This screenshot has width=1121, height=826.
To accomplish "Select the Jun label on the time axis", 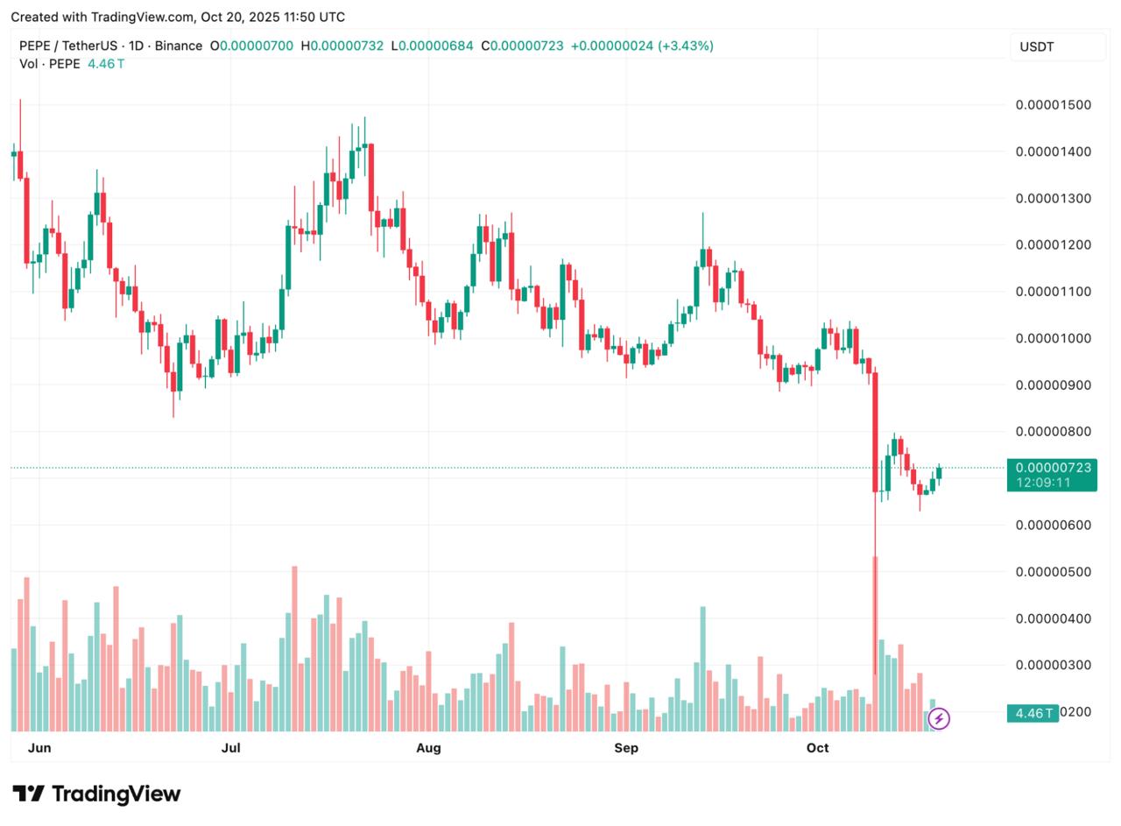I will [x=39, y=748].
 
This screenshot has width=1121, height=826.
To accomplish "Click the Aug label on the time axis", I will [x=428, y=748].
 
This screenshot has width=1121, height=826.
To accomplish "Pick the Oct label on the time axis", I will [x=817, y=748].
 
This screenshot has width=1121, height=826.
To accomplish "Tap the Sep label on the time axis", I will [x=626, y=748].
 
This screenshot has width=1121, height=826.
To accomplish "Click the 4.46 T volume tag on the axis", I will [x=1032, y=713].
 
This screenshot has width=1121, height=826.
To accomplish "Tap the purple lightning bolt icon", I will [x=939, y=719].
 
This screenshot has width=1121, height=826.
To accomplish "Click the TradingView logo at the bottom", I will [x=96, y=794].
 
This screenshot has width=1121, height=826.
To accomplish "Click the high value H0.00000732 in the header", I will [x=342, y=46].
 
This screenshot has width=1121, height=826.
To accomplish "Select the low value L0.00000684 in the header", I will [x=433, y=46].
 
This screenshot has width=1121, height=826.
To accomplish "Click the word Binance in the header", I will [x=179, y=46].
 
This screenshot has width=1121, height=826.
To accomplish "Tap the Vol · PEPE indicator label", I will [x=49, y=64].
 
